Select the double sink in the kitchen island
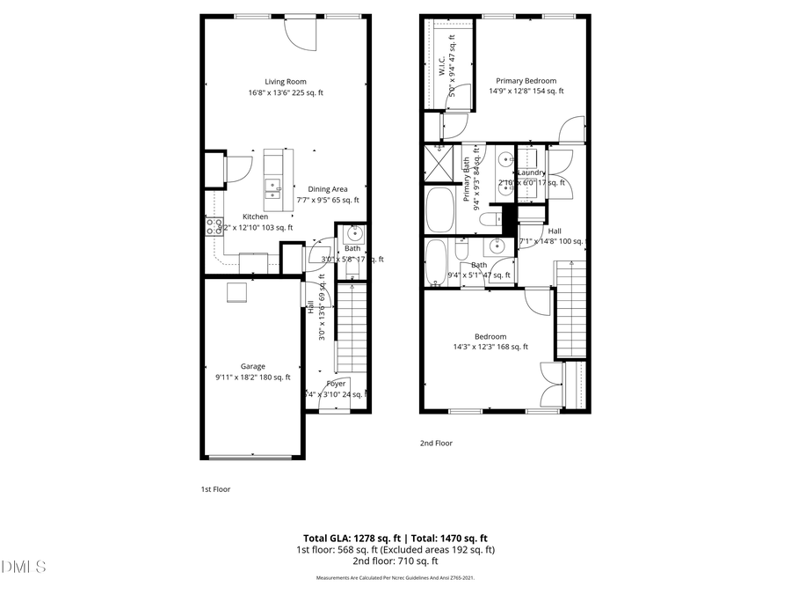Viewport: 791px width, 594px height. tap(272, 187)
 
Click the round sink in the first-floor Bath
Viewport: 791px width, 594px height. tap(355, 234)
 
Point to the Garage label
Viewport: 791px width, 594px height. tap(253, 366)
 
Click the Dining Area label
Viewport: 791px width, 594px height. tap(327, 189)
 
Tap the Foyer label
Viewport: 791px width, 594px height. tap(336, 384)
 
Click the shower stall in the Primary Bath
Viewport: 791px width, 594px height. tap(438, 163)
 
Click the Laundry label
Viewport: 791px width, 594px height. tap(532, 172)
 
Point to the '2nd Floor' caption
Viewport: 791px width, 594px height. tap(436, 444)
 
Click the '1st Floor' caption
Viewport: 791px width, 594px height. tap(215, 489)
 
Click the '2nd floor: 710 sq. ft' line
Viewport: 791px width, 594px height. tap(395, 561)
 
